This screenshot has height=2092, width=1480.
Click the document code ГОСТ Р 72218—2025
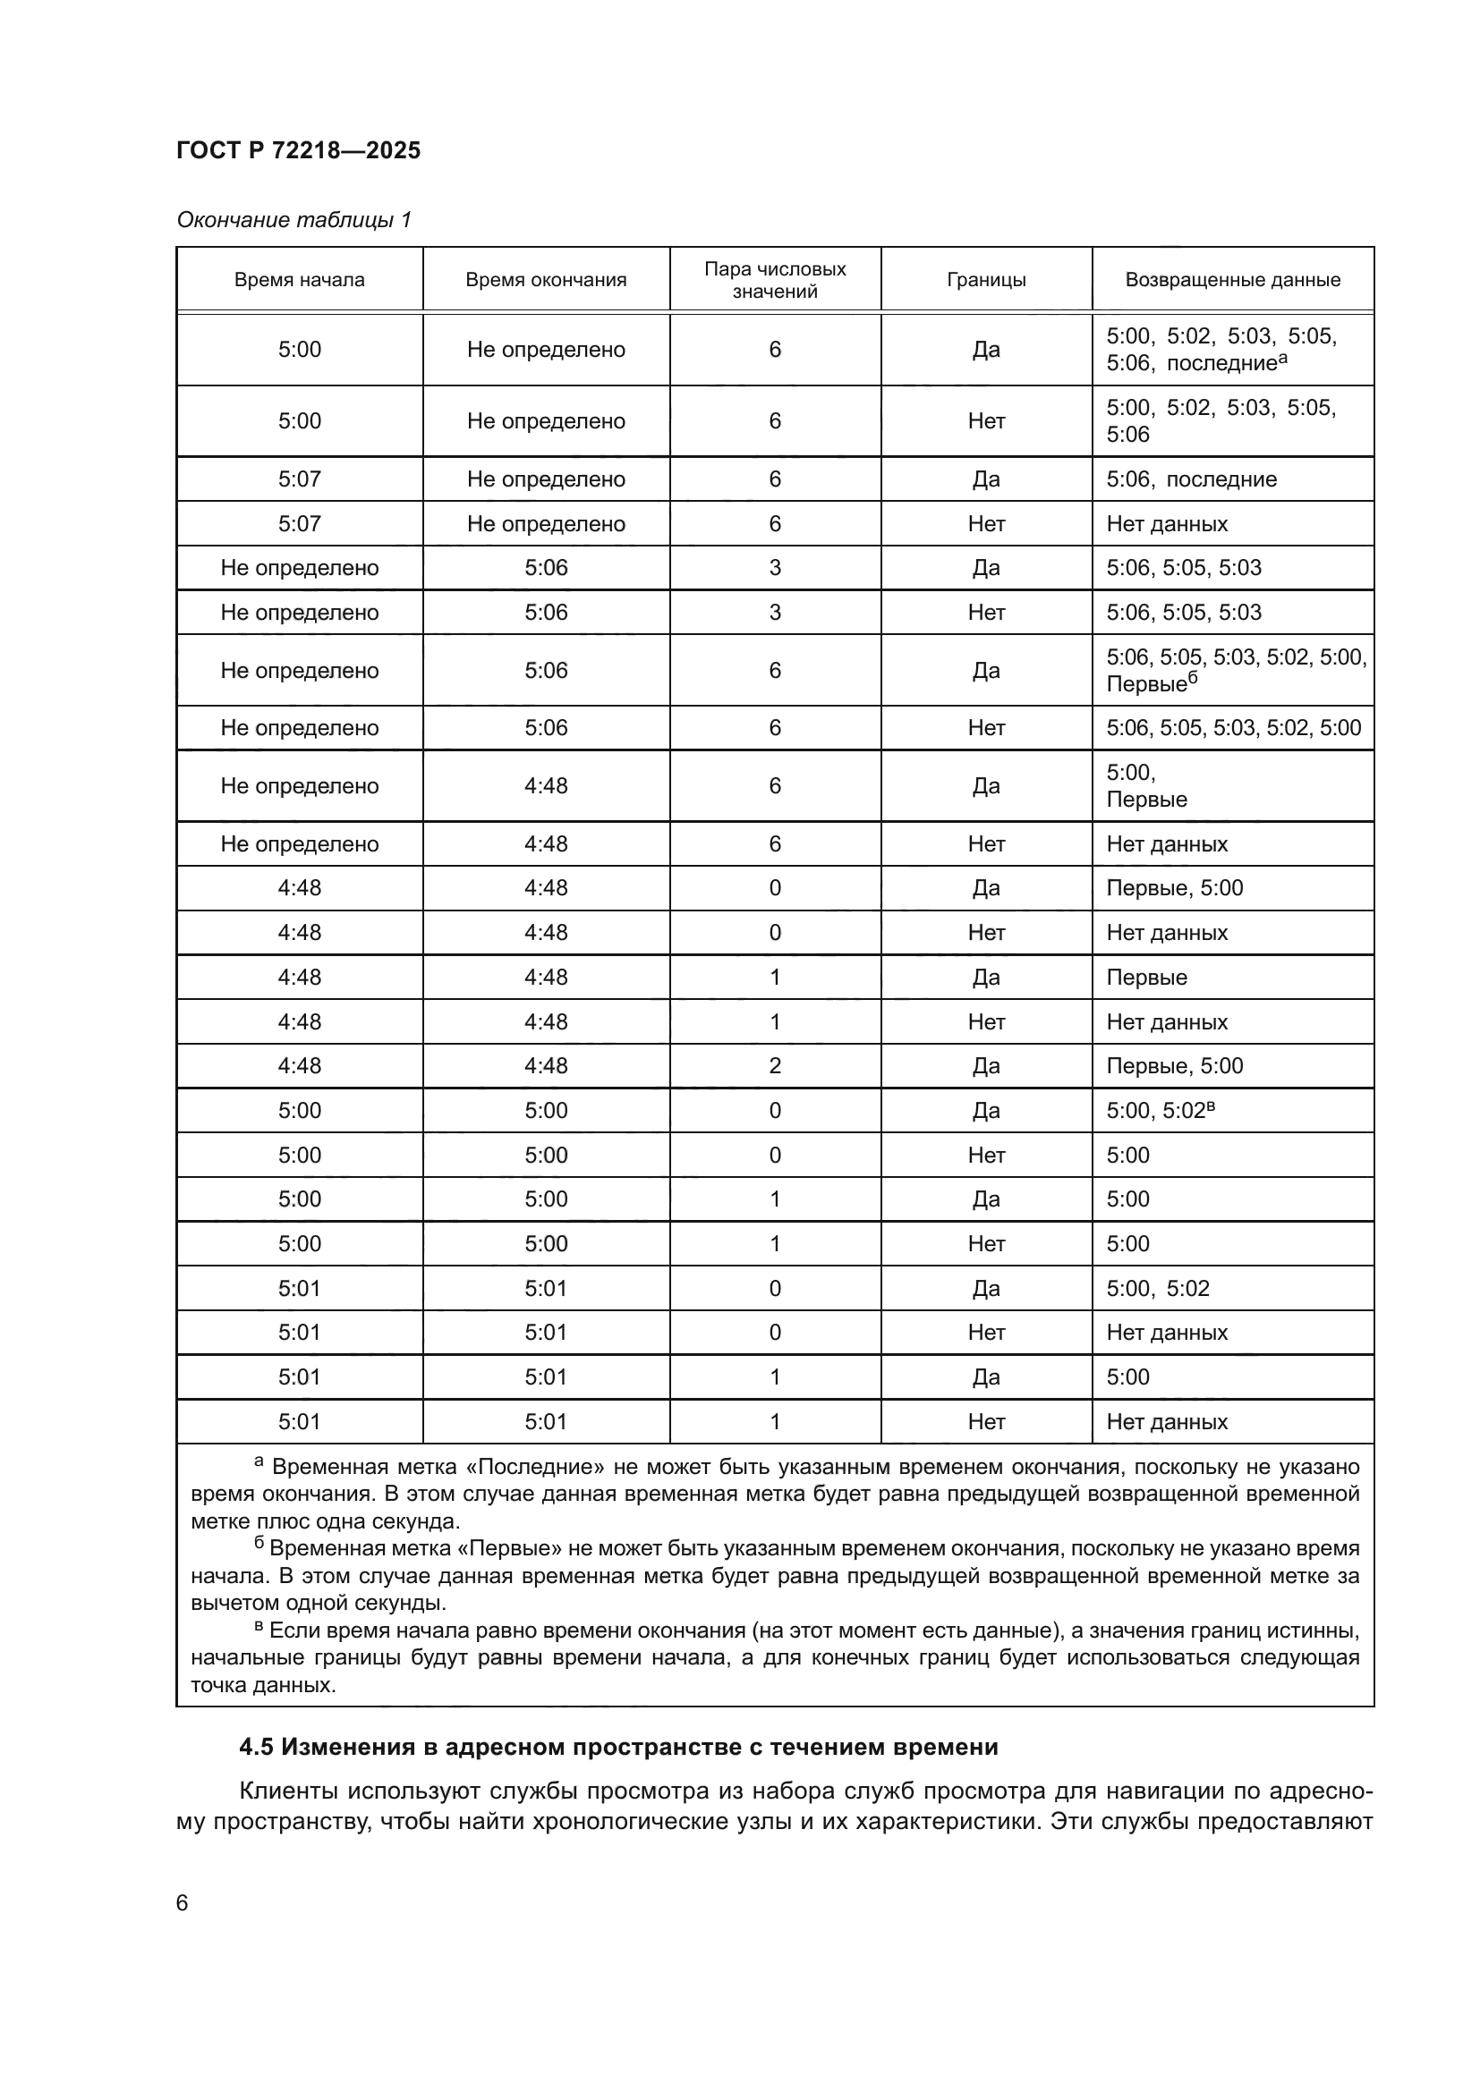coord(298,150)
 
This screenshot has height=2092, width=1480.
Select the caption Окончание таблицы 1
coord(293,220)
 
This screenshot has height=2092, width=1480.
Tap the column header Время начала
coord(299,280)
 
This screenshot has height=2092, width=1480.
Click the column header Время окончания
coord(546,280)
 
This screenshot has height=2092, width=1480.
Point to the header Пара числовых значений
coord(775,280)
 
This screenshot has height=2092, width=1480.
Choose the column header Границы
coord(986,280)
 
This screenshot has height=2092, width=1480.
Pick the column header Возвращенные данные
coord(1232,280)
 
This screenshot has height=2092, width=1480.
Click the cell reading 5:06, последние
coord(1191,479)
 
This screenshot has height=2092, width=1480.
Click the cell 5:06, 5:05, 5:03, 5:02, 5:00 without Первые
coord(1233,727)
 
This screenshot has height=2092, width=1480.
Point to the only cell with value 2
coord(775,1066)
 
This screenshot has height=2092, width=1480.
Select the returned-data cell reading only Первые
coord(1146,977)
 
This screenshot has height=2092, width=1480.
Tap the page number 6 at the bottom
coord(183,1902)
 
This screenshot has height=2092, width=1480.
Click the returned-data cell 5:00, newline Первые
coord(1146,786)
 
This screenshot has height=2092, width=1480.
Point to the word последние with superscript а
coord(1221,363)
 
